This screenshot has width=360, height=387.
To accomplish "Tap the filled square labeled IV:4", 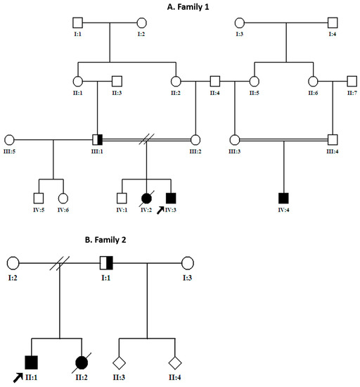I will pos(283,198).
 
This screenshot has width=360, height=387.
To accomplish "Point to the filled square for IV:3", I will pos(169,198).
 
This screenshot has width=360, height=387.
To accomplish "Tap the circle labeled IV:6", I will pos(63,198).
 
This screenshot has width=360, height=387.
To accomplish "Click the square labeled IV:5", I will pos(39,198).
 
